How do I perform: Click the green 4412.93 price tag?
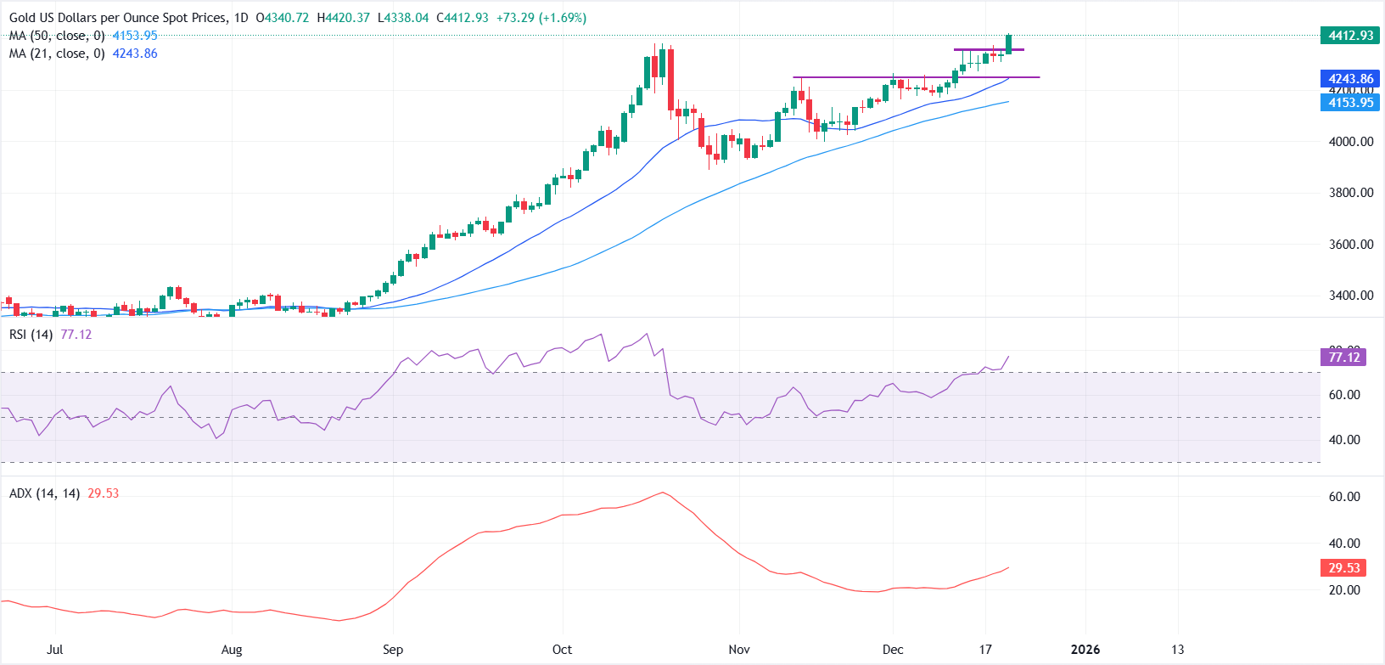pyautogui.click(x=1350, y=35)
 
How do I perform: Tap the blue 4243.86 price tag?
pyautogui.click(x=1350, y=79)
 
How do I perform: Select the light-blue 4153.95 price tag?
pyautogui.click(x=1350, y=103)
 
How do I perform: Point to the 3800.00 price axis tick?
pyautogui.click(x=1350, y=193)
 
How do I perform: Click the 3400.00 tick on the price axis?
pyautogui.click(x=1350, y=296)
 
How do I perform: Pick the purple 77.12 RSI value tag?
pyautogui.click(x=1344, y=358)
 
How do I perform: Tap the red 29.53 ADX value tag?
pyautogui.click(x=1344, y=568)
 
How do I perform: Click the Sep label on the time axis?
pyautogui.click(x=393, y=650)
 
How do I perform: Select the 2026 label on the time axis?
pyautogui.click(x=1085, y=650)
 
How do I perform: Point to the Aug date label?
pyautogui.click(x=232, y=650)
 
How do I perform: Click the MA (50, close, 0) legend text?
pyautogui.click(x=57, y=36)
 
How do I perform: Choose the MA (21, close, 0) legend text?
pyautogui.click(x=57, y=54)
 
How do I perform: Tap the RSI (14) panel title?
pyautogui.click(x=31, y=335)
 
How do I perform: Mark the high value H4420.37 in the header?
pyautogui.click(x=344, y=18)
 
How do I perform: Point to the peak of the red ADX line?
pyautogui.click(x=663, y=493)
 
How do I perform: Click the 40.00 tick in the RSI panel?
pyautogui.click(x=1344, y=440)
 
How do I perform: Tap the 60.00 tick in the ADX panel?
pyautogui.click(x=1344, y=497)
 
